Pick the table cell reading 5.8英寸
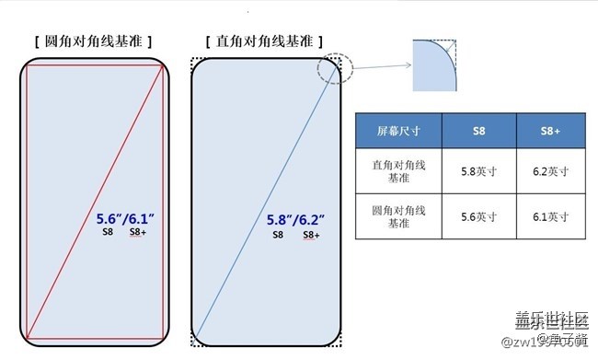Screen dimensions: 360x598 click(x=479, y=170)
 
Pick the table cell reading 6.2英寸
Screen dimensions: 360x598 click(x=552, y=170)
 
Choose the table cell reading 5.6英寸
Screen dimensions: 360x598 click(x=479, y=217)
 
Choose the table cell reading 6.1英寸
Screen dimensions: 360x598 click(x=552, y=217)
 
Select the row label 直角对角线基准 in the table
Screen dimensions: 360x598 click(x=398, y=170)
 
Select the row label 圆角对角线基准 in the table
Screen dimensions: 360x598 click(x=398, y=217)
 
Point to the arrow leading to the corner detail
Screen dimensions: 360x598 click(x=377, y=65)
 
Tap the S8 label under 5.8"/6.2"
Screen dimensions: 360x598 click(x=277, y=235)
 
